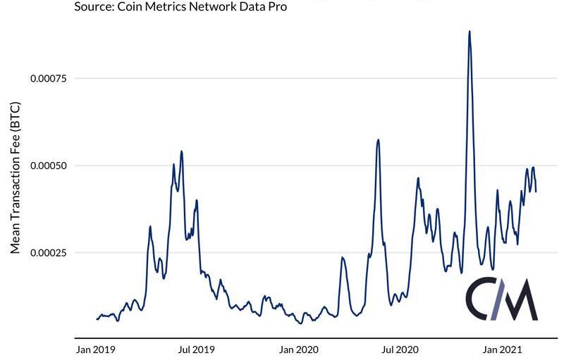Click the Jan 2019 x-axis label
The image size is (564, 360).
pos(95,349)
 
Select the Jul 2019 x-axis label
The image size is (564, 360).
pos(197,349)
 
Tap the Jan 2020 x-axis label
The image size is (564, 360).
pos(299,349)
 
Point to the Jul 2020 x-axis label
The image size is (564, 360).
pos(400,349)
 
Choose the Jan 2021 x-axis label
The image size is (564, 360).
pos(502,349)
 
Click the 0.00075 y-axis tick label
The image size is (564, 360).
pos(47,78)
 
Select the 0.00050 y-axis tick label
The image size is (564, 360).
pos(47,166)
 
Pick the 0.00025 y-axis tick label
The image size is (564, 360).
pos(47,253)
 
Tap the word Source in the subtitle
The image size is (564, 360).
pos(94,7)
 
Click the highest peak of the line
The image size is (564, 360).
pos(470,32)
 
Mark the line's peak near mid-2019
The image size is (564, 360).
pos(181,151)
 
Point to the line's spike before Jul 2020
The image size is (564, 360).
pos(379,140)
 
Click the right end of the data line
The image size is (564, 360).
pos(536,191)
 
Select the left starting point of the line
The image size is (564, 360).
pos(97,319)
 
